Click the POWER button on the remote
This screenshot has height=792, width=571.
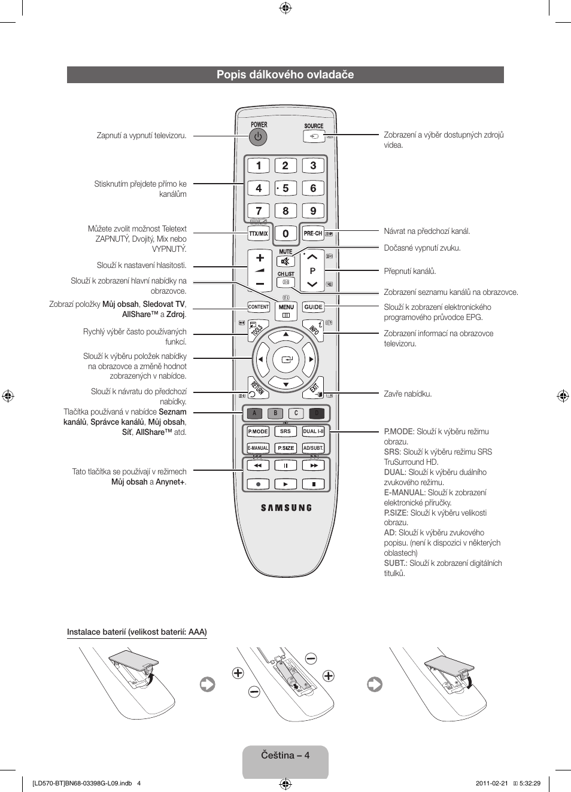pyautogui.click(x=258, y=137)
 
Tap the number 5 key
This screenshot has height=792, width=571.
pyautogui.click(x=285, y=188)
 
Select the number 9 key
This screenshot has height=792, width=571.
pyautogui.click(x=313, y=211)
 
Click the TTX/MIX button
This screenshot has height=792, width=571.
pyautogui.click(x=259, y=233)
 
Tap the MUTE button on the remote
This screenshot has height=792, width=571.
pyautogui.click(x=285, y=261)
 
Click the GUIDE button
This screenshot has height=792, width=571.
pyautogui.click(x=313, y=307)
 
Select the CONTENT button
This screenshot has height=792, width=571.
pyautogui.click(x=259, y=307)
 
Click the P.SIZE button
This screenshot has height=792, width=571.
pyautogui.click(x=285, y=448)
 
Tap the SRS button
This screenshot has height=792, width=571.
pyautogui.click(x=285, y=431)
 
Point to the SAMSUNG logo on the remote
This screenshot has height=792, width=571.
pyautogui.click(x=286, y=508)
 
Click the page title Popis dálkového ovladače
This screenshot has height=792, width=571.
pyautogui.click(x=285, y=75)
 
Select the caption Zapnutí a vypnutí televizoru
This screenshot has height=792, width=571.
pyautogui.click(x=141, y=136)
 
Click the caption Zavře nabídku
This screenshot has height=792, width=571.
pyautogui.click(x=408, y=394)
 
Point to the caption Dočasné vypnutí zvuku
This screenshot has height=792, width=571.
pyautogui.click(x=422, y=248)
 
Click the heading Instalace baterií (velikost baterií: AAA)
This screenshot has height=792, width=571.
pyautogui.click(x=136, y=632)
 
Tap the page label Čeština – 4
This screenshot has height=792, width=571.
pyautogui.click(x=285, y=755)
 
